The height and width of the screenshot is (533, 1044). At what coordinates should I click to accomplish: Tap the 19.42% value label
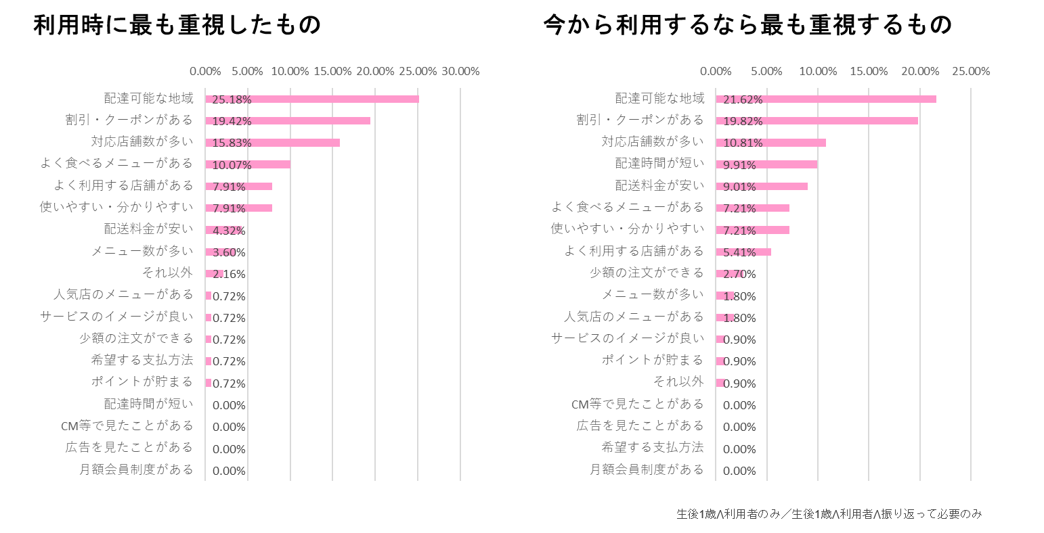tap(232, 121)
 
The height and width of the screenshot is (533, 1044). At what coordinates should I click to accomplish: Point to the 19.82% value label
tap(743, 121)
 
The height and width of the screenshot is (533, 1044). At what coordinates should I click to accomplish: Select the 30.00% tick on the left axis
tap(460, 71)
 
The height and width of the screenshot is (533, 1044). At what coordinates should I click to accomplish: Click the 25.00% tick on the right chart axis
tap(971, 71)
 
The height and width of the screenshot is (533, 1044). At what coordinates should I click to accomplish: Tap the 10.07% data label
tap(232, 165)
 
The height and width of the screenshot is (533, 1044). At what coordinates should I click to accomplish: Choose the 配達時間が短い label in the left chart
tap(148, 404)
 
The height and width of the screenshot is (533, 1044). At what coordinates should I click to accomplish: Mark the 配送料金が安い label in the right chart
tap(659, 185)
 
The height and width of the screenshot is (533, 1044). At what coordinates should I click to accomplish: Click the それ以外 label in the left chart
tap(167, 273)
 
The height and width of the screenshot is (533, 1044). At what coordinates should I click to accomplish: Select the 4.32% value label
tap(229, 231)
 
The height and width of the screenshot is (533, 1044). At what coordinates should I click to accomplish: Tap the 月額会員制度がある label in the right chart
tap(647, 469)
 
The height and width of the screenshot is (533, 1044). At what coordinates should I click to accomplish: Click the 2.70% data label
tap(740, 274)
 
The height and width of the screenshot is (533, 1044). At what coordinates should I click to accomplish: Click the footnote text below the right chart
tap(829, 514)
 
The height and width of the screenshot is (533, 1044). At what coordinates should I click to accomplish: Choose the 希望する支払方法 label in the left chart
tap(142, 360)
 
